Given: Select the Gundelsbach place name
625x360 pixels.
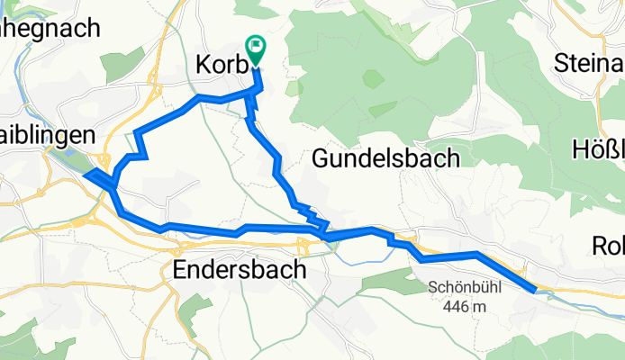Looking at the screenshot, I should tap(385, 159).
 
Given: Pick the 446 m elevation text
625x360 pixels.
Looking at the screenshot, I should tap(465, 307).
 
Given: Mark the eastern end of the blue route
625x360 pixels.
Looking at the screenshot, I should tap(537, 289).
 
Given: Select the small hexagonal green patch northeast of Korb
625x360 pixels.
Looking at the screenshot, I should tap(373, 78).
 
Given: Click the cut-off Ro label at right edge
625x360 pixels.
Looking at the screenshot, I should tap(608, 245).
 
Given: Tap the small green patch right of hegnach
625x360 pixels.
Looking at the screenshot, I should tap(122, 63).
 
